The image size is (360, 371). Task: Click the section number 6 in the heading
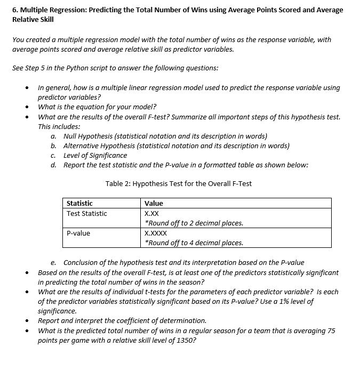click(x=14, y=10)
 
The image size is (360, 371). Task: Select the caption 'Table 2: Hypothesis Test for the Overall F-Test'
click(x=179, y=184)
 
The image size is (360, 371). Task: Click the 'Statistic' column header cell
click(x=79, y=203)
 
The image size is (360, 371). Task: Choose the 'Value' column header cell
click(x=154, y=203)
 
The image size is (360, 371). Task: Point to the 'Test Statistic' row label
click(x=86, y=213)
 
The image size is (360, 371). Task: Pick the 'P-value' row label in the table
click(x=78, y=233)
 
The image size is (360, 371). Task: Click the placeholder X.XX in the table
click(x=151, y=213)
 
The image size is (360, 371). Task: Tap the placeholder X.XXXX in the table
click(x=156, y=233)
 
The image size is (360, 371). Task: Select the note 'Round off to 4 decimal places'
click(x=195, y=243)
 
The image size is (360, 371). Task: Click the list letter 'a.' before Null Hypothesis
click(x=54, y=136)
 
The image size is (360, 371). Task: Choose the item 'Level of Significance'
click(x=95, y=155)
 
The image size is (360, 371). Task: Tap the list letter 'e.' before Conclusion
click(x=54, y=262)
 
